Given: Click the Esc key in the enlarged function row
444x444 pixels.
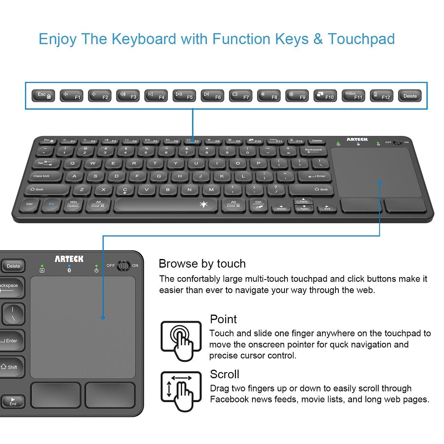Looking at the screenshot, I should pyautogui.click(x=44, y=96).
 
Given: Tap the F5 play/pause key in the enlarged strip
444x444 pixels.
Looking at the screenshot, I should pyautogui.click(x=184, y=96).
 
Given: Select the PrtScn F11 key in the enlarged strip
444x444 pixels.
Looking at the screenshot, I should pyautogui.click(x=353, y=96).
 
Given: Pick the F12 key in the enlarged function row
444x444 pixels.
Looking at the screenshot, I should pyautogui.click(x=381, y=96).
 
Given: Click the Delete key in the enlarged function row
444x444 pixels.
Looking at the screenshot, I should pyautogui.click(x=409, y=96).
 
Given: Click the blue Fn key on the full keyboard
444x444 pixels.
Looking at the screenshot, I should pyautogui.click(x=51, y=204).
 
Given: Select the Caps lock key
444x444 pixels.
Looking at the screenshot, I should pyautogui.click(x=44, y=176).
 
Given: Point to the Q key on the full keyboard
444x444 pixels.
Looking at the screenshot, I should pyautogui.click(x=72, y=163).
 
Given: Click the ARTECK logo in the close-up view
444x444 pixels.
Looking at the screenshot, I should pyautogui.click(x=69, y=259).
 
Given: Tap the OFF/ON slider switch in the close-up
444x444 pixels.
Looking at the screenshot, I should pyautogui.click(x=123, y=266).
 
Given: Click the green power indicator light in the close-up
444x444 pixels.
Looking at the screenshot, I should pyautogui.click(x=96, y=266).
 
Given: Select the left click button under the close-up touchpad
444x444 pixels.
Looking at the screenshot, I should pyautogui.click(x=56, y=395).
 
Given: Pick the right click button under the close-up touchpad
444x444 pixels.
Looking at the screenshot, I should pyautogui.click(x=110, y=395).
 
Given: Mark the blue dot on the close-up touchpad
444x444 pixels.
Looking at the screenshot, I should pyautogui.click(x=103, y=317).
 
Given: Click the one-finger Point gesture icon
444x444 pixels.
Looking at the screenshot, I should pyautogui.click(x=181, y=341).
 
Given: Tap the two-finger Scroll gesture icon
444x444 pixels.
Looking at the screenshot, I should pyautogui.click(x=181, y=391).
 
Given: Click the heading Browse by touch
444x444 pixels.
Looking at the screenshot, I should pyautogui.click(x=202, y=264).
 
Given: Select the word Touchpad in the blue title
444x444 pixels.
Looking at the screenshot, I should pyautogui.click(x=361, y=39).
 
